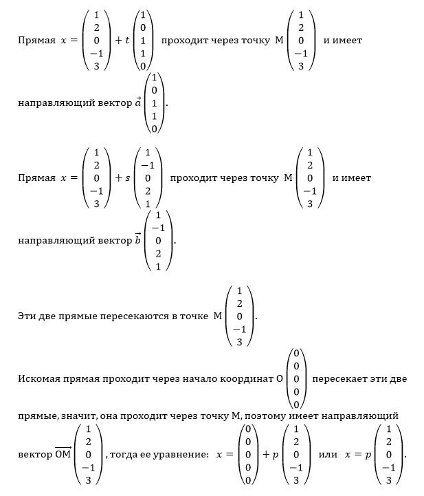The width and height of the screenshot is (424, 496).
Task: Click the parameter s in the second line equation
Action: point(127,178)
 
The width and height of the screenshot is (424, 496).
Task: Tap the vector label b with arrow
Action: point(138,239)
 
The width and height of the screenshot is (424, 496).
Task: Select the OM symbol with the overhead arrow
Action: point(63,454)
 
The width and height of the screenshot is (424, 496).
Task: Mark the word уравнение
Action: point(181,455)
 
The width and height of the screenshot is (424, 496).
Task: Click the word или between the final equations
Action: point(328,455)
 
